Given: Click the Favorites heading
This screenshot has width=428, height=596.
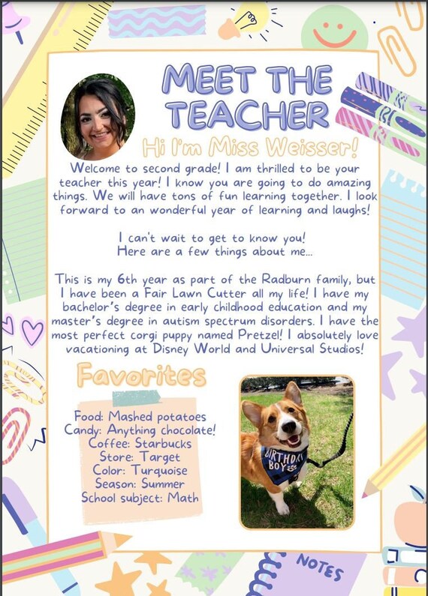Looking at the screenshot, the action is pyautogui.click(x=140, y=374).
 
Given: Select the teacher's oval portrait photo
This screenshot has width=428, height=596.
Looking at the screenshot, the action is pyautogui.click(x=98, y=117).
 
